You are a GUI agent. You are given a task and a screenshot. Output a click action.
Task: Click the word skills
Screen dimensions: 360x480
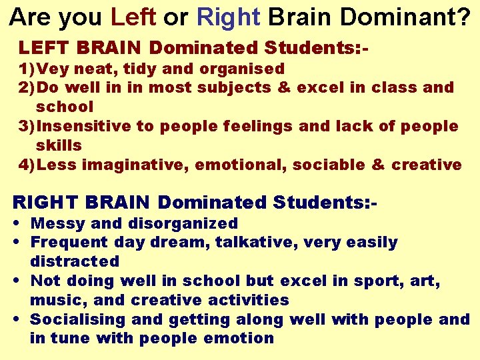[59, 145]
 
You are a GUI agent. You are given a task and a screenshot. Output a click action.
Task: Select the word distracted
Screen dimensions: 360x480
[75, 261]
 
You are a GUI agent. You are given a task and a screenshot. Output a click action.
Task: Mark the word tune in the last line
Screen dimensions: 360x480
[70, 339]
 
